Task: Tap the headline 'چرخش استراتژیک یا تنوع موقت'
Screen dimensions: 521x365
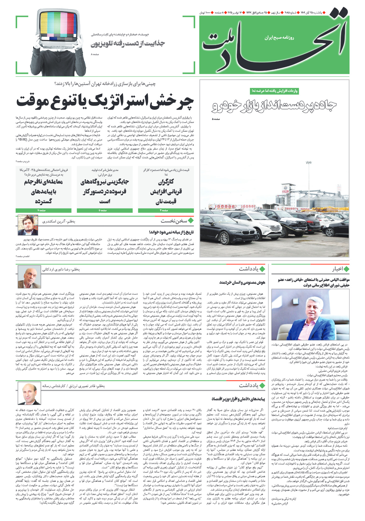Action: pos(105,102)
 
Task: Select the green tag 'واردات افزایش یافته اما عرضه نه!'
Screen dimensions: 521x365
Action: pos(274,91)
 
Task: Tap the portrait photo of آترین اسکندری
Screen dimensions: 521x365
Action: pos(28,225)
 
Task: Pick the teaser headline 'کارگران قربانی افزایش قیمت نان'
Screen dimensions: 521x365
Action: pos(166,191)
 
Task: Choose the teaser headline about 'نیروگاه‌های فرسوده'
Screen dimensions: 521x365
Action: pos(105,191)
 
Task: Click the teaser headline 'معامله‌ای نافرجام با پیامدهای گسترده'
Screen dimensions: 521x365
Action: pos(43,191)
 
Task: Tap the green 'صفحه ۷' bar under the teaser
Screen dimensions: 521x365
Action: pos(43,210)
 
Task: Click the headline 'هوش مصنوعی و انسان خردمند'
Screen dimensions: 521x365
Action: pos(242,282)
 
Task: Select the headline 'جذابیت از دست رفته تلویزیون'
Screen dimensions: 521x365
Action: pos(128,44)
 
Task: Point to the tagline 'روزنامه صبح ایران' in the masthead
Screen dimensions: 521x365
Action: pos(279,38)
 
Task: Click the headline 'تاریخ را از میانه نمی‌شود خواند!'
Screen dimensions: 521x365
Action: pos(171,232)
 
